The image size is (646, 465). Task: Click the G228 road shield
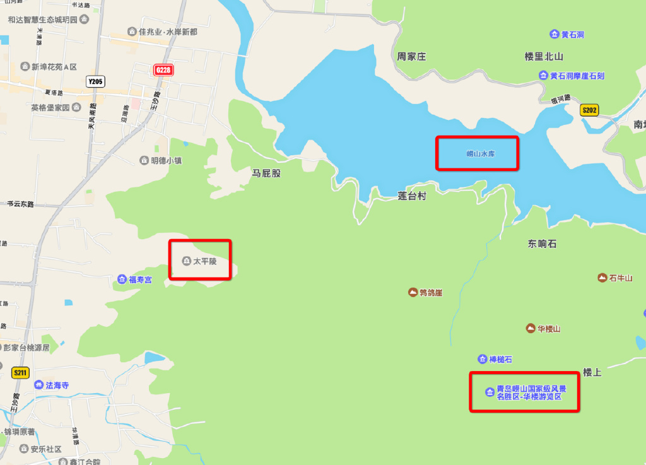163,70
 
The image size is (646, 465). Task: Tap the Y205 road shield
95,81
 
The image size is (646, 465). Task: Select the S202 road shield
589,110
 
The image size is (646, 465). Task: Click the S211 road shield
20,373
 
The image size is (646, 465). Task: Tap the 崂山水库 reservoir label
477,153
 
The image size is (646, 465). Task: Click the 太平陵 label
204,261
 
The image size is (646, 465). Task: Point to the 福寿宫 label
140,280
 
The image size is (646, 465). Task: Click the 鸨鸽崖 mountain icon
413,292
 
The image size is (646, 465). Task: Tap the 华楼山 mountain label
548,329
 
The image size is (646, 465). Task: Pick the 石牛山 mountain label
620,278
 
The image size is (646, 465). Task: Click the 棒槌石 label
500,360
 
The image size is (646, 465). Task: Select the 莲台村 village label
412,196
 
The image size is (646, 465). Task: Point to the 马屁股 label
266,173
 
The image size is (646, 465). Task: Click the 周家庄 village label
411,57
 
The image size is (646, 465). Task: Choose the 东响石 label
542,244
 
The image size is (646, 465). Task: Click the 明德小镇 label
166,161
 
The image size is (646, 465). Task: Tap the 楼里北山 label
543,57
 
